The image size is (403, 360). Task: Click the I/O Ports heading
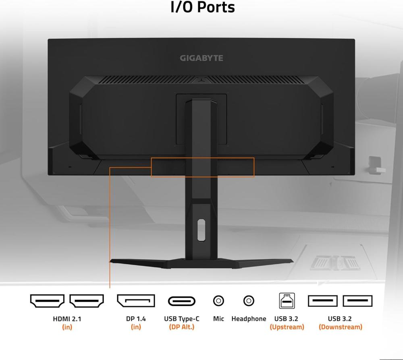tap(203, 7)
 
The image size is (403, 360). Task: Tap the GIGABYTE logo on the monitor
tap(201, 58)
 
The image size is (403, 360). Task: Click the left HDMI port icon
tap(47, 301)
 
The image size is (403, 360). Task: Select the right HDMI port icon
tap(87, 301)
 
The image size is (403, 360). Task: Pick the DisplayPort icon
tap(136, 301)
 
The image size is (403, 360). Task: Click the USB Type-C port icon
tap(182, 301)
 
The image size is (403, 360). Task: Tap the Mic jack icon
tap(218, 301)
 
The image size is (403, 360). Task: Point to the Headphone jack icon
tap(249, 301)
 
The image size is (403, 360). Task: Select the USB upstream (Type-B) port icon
tap(287, 300)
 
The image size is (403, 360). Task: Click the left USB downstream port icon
tap(323, 301)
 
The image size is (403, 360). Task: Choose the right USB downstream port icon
tap(357, 301)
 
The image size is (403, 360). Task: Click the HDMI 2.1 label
tap(67, 319)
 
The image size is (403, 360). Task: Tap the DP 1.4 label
tap(136, 319)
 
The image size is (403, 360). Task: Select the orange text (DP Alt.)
tap(182, 327)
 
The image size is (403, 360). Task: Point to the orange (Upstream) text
tap(287, 327)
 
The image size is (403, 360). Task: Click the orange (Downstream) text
tap(341, 327)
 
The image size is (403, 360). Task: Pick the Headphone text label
tap(249, 319)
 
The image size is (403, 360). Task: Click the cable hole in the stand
tap(201, 230)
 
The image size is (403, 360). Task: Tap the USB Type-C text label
tap(182, 319)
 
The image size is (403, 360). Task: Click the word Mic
tap(218, 319)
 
